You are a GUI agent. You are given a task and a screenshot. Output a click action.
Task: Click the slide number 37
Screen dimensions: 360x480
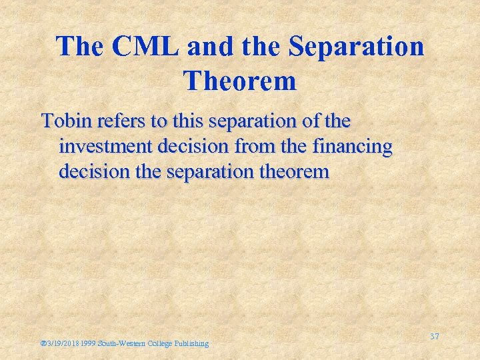[435, 337]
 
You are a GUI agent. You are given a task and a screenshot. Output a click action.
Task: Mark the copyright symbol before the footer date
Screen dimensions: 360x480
[43, 343]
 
